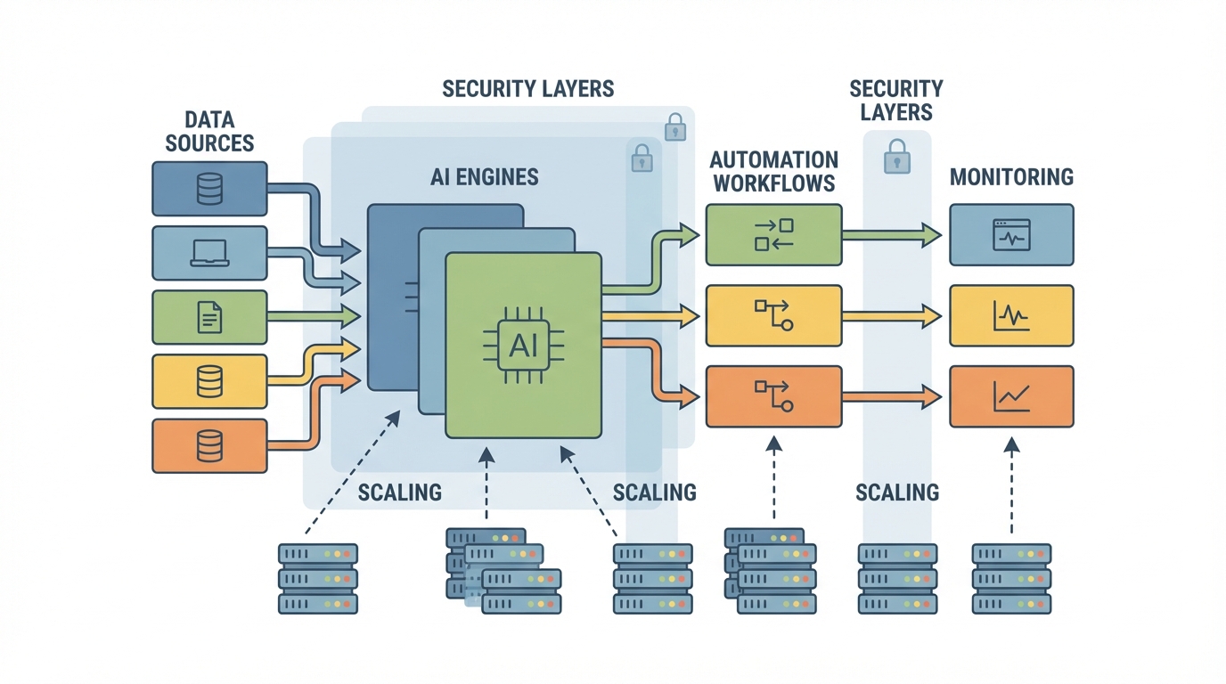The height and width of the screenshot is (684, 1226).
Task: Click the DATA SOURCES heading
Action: click(x=209, y=131)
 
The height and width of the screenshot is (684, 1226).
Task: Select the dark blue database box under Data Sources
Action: click(x=209, y=189)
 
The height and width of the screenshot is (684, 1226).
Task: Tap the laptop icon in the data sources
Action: click(x=209, y=254)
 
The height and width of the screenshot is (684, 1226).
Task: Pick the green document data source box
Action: click(x=209, y=317)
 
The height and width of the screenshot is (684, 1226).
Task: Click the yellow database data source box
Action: click(x=209, y=381)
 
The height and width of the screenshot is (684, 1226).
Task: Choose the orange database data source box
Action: click(x=209, y=445)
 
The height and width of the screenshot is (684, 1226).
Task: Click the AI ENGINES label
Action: click(x=485, y=176)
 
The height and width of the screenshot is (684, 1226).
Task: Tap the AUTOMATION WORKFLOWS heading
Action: click(x=773, y=172)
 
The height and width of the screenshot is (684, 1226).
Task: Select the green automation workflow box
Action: click(x=773, y=235)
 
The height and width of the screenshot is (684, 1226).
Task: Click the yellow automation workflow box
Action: click(x=773, y=315)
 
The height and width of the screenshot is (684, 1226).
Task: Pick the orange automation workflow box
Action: click(x=773, y=396)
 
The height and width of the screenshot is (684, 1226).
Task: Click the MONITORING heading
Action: click(x=1011, y=176)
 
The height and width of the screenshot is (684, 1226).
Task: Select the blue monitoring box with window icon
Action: click(x=1011, y=235)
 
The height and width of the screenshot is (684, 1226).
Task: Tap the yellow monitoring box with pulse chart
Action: click(x=1011, y=315)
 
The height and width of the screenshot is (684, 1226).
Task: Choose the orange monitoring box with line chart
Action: click(x=1011, y=396)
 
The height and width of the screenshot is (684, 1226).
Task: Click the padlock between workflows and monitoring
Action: click(x=896, y=158)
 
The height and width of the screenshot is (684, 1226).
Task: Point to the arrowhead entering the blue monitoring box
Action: click(x=932, y=235)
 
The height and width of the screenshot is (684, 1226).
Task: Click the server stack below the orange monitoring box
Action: click(x=1011, y=579)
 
